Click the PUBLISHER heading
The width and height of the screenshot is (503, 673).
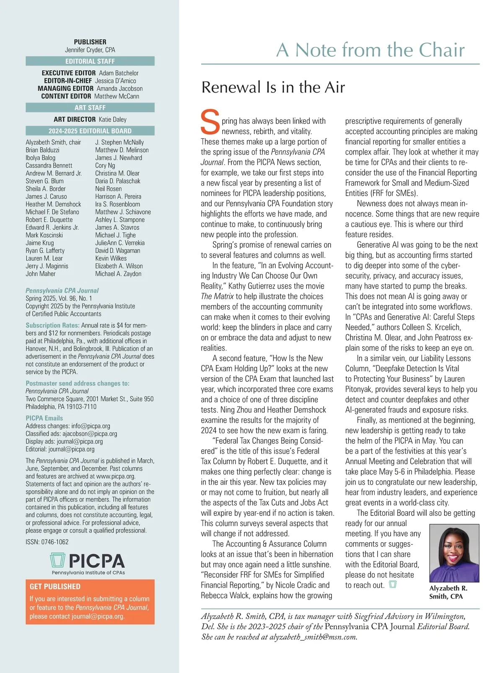point(90,42)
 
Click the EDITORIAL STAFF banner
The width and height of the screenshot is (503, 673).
point(90,61)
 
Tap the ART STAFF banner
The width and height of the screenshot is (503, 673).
point(90,108)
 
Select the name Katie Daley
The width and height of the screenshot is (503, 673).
point(113,119)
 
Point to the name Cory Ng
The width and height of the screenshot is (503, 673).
point(105,166)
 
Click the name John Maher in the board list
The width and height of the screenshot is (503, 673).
point(41,274)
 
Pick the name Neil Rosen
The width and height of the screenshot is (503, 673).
point(109,189)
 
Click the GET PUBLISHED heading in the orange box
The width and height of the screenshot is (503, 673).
point(55,587)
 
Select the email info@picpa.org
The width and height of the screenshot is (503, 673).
point(91,426)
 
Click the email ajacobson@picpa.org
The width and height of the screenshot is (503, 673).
point(90,434)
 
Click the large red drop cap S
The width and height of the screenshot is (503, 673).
point(210,122)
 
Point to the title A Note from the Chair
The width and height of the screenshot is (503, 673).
point(371,50)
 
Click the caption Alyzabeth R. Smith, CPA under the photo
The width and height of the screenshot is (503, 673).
point(448,592)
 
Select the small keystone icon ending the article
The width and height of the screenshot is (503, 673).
point(393,584)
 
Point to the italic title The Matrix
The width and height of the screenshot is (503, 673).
point(217,296)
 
